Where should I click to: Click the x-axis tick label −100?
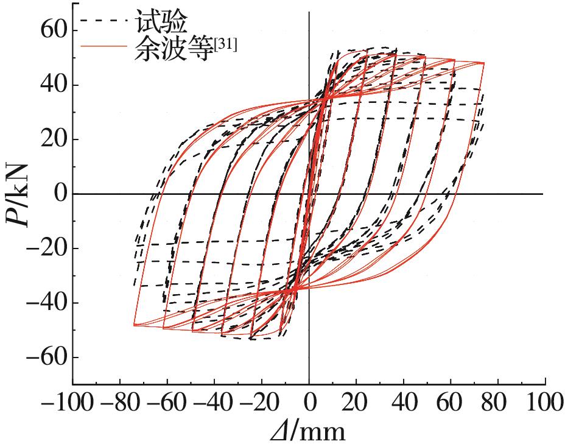coord(66,403)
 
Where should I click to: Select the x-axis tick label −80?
coord(120,403)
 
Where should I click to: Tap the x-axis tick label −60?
coord(167,403)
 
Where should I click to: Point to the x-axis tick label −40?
coord(215,403)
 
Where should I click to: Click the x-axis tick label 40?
coord(403,403)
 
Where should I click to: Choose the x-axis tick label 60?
coord(451,403)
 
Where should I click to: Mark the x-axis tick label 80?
coord(498,403)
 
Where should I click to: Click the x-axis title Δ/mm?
coord(309,431)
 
